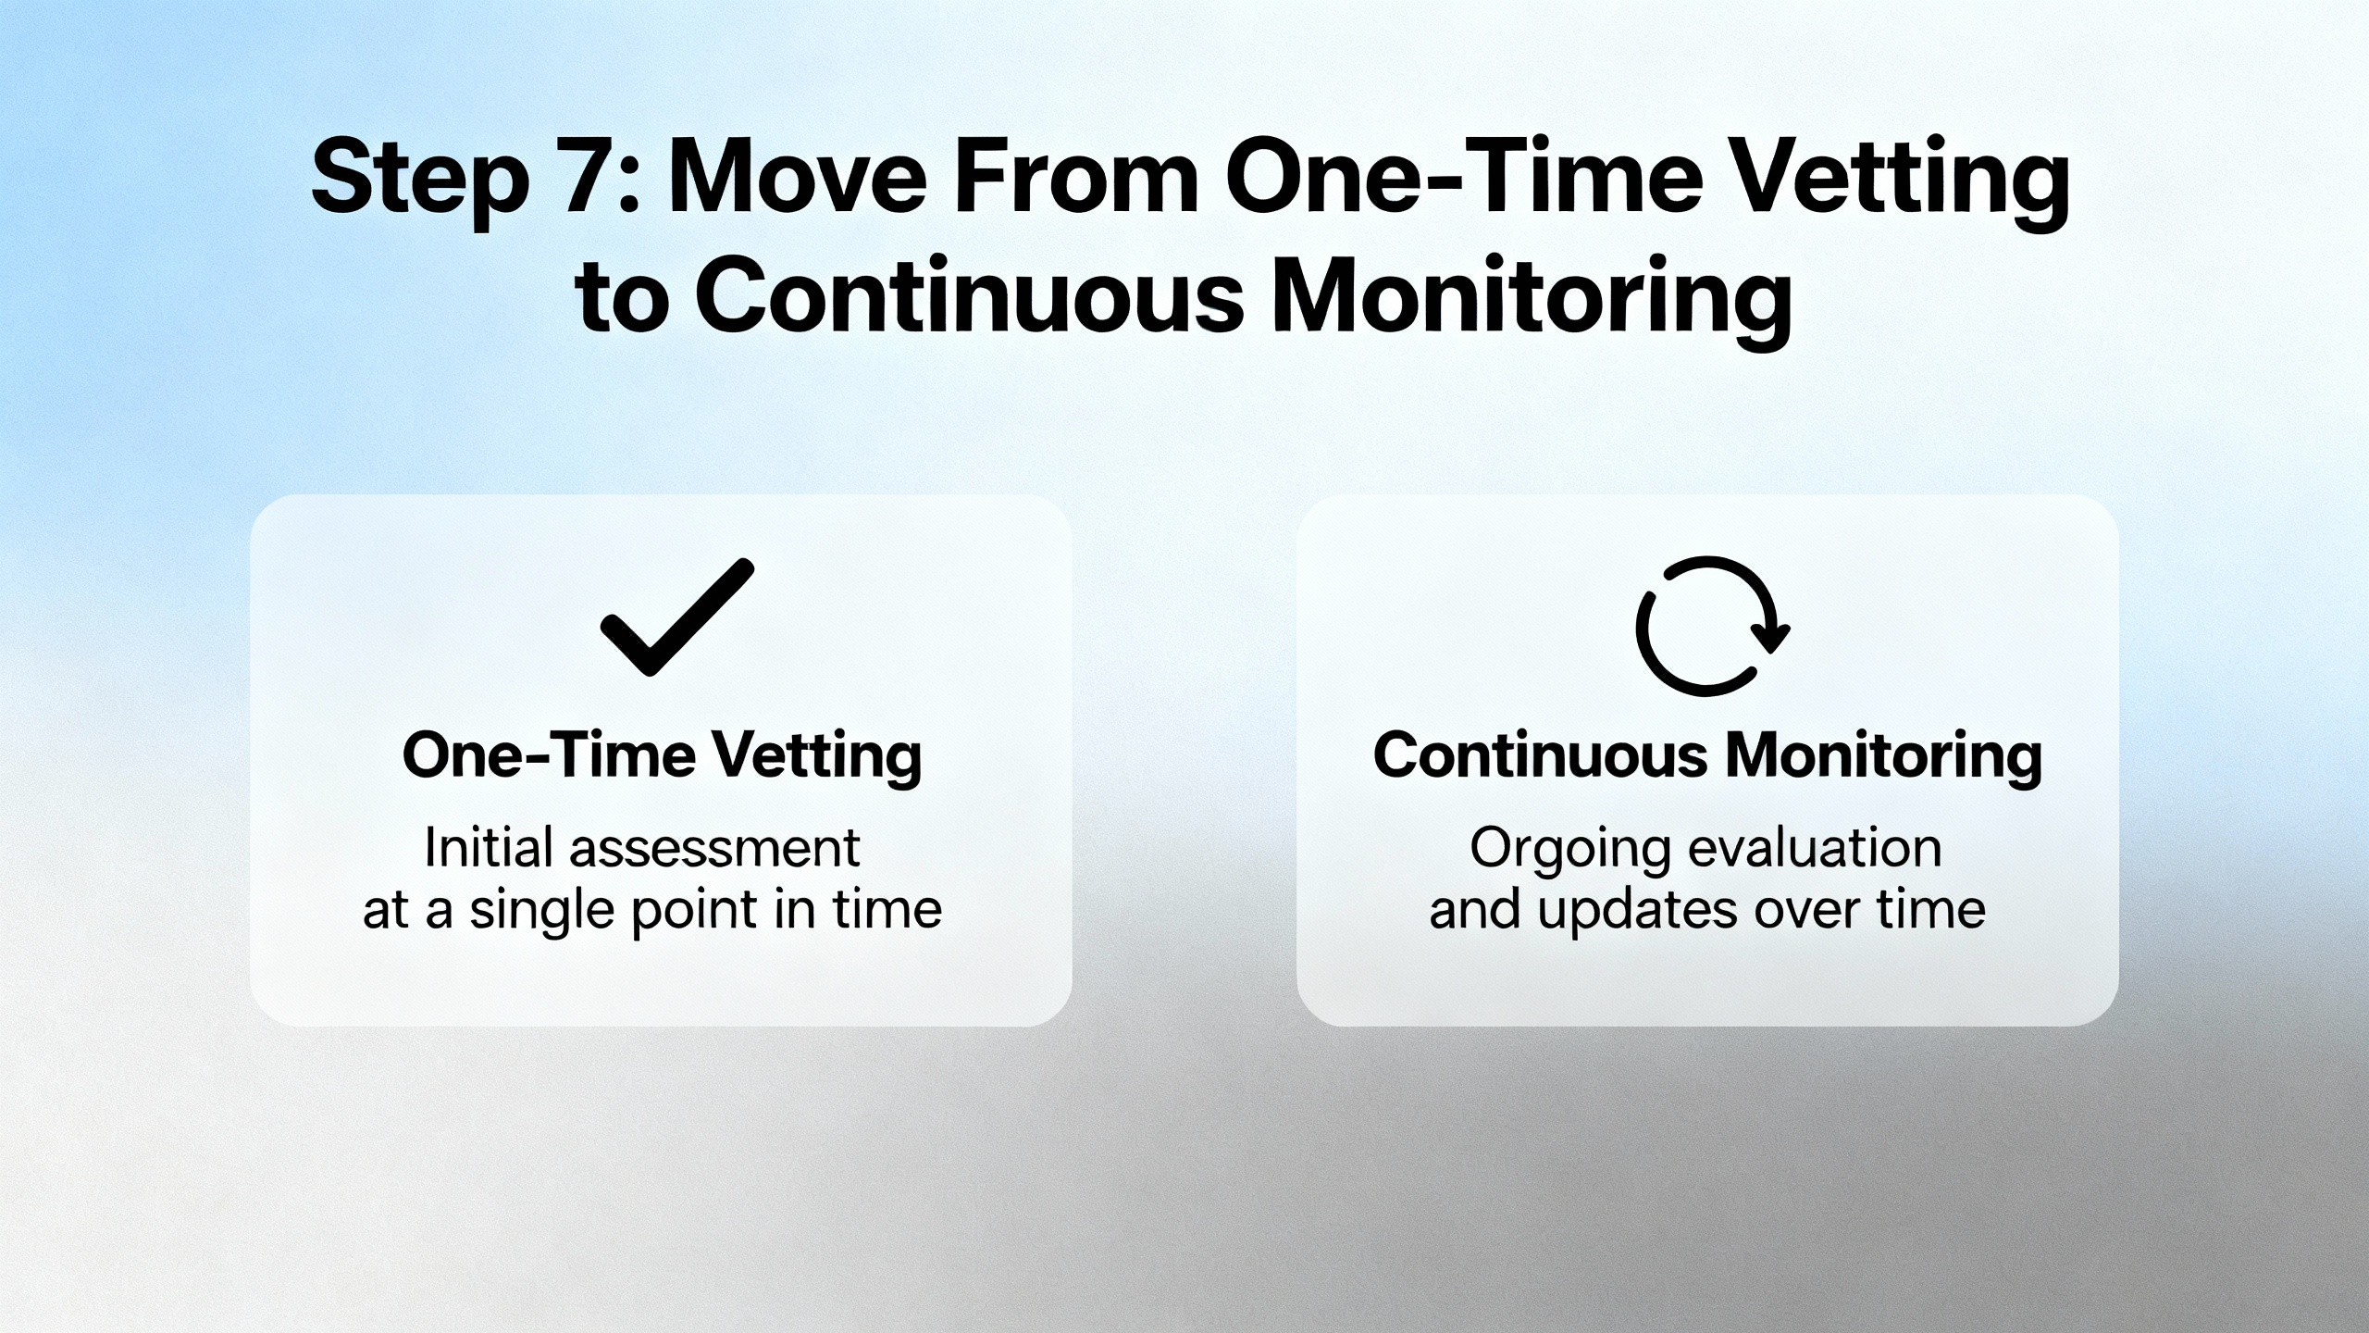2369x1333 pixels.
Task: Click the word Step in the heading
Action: tap(421, 181)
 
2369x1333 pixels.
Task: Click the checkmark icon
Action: tap(676, 617)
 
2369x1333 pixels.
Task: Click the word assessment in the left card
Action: tap(714, 849)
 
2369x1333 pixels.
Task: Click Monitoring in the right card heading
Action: tap(1883, 758)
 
